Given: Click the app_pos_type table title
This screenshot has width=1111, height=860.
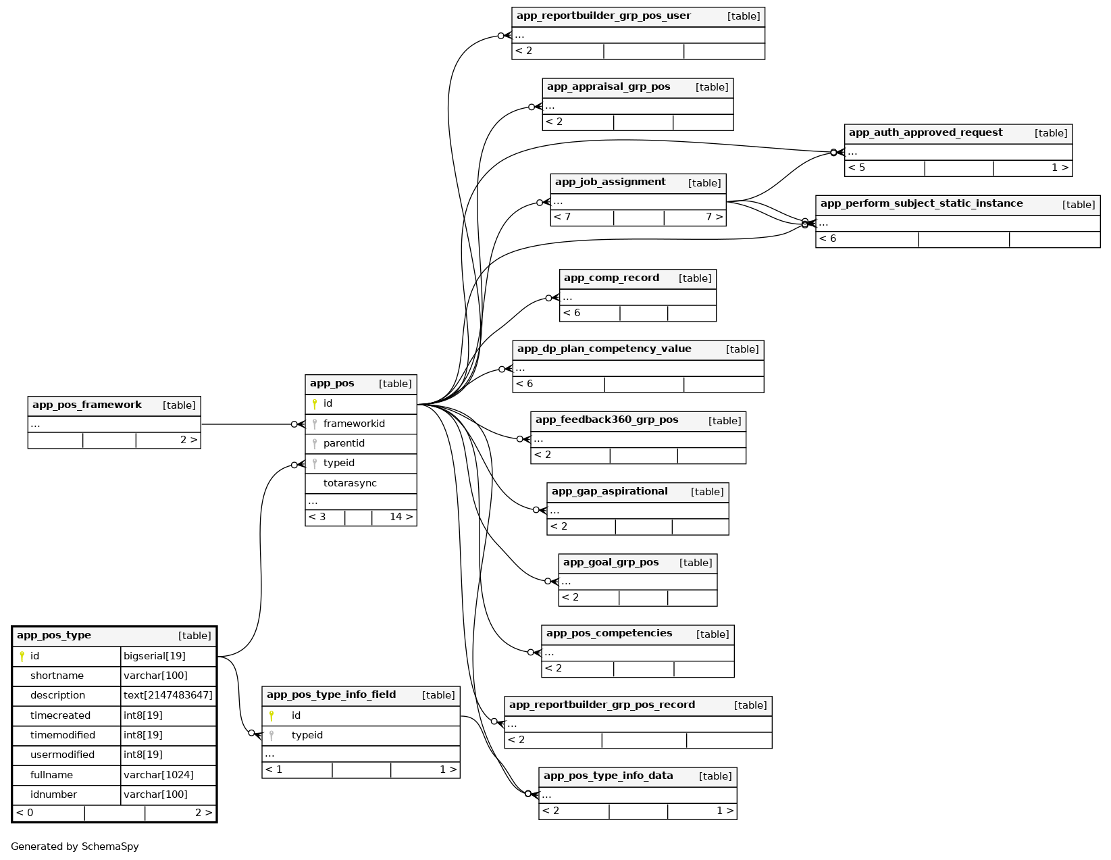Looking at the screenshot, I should point(54,636).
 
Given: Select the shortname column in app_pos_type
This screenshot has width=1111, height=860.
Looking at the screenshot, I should point(57,676).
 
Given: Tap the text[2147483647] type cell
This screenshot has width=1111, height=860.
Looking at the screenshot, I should point(168,695).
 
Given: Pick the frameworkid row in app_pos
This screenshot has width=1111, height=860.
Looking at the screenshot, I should point(354,424).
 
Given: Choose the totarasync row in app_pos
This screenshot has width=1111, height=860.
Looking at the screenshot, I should point(350,483).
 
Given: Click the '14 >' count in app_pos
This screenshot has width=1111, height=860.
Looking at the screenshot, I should point(401,517).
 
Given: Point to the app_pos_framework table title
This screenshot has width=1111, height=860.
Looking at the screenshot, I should point(87,405).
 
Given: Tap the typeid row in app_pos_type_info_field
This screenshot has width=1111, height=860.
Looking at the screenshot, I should point(307,735).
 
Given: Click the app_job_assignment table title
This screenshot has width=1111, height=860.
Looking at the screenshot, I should point(611,182).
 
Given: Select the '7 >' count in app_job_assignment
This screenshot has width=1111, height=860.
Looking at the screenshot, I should point(714,217).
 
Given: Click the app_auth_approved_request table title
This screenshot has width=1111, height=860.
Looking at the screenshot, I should point(925,133).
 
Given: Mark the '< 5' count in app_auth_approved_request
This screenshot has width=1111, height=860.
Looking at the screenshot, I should point(856,168).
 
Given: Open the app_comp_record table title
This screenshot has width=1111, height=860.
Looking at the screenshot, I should point(611,278).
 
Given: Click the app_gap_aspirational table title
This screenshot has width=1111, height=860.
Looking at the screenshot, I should point(609,492).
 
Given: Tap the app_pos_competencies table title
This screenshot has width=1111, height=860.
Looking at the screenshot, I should point(609,634).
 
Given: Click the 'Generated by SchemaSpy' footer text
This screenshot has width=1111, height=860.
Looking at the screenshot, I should point(75,846).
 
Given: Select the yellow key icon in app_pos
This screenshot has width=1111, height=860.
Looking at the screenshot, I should point(315,404).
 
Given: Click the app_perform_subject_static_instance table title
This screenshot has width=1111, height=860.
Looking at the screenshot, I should point(921,204).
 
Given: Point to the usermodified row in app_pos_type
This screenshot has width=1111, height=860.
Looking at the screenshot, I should point(62,755).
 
